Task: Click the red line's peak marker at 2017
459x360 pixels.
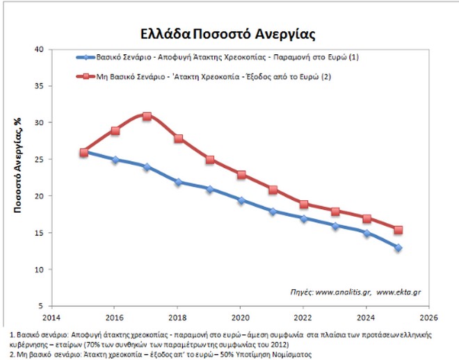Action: pos(147,116)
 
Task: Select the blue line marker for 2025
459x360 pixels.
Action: pos(398,247)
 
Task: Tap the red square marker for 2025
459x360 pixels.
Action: pos(398,230)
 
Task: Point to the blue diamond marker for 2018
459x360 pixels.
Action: pos(179,182)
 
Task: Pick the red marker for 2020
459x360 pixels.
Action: pos(241,175)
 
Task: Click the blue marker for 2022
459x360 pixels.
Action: pos(304,218)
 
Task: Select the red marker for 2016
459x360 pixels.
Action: pos(115,131)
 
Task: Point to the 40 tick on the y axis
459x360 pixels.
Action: pos(39,50)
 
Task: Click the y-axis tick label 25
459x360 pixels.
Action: pos(39,160)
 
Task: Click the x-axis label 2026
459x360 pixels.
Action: pos(428,316)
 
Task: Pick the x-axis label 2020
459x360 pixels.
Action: pos(241,316)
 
